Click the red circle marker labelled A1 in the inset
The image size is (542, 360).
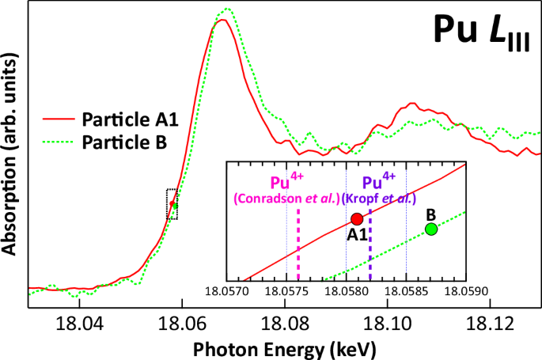(x=356, y=218)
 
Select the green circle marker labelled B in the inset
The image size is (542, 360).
(x=430, y=229)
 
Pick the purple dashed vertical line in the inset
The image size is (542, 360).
(x=370, y=245)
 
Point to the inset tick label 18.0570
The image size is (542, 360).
(x=226, y=291)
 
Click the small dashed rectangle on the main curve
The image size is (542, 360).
(x=172, y=204)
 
